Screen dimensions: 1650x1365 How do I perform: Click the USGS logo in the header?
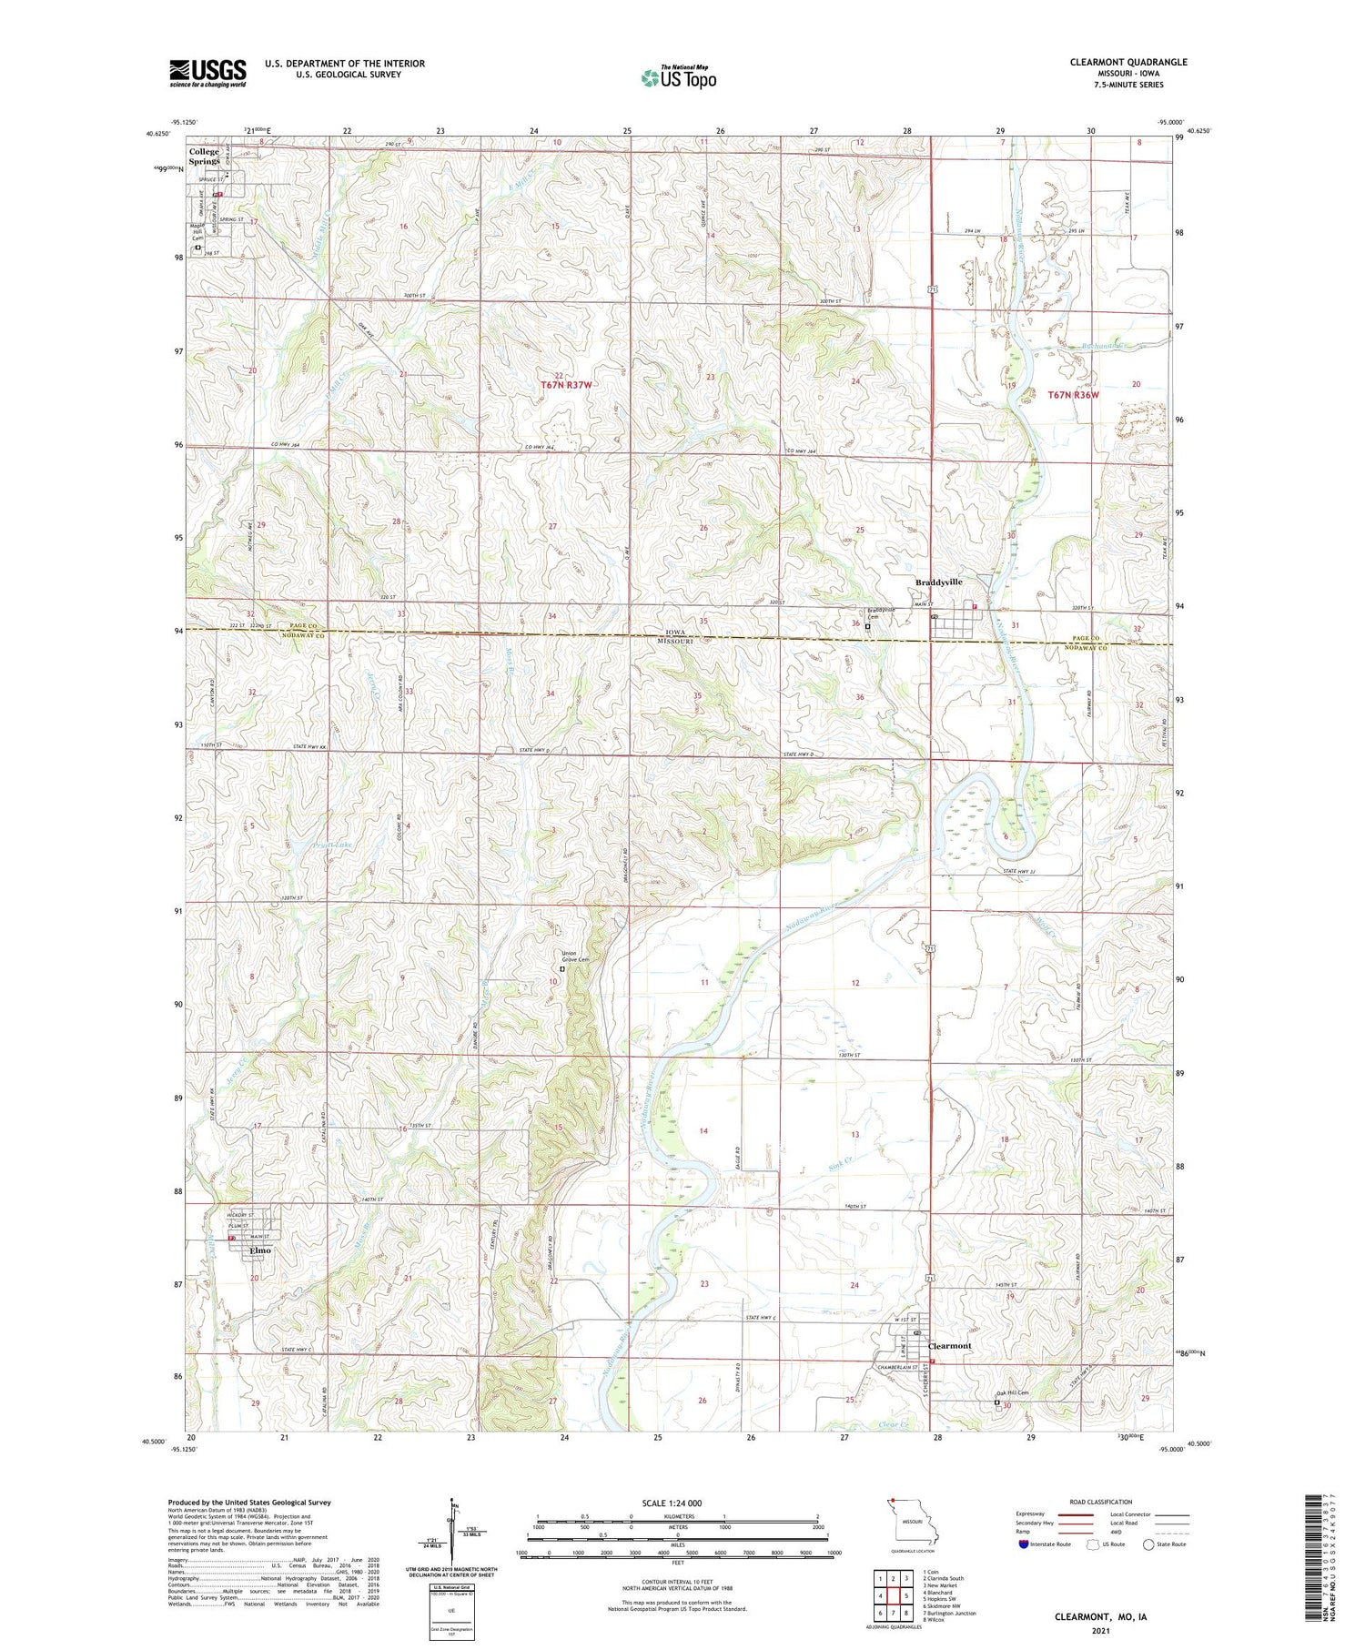click(207, 73)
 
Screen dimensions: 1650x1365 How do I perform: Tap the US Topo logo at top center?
click(679, 76)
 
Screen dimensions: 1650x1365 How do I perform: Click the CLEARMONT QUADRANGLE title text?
click(1128, 62)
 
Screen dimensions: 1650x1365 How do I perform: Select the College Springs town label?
click(204, 157)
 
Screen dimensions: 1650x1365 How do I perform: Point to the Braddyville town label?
click(938, 582)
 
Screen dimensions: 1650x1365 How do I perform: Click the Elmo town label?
click(260, 1250)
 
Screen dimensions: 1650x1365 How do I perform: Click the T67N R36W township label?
click(1073, 395)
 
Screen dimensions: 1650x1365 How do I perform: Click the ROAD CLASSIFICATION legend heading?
click(1101, 1502)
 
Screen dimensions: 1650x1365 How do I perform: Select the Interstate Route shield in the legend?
click(1023, 1544)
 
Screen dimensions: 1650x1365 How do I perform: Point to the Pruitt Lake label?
click(307, 845)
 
